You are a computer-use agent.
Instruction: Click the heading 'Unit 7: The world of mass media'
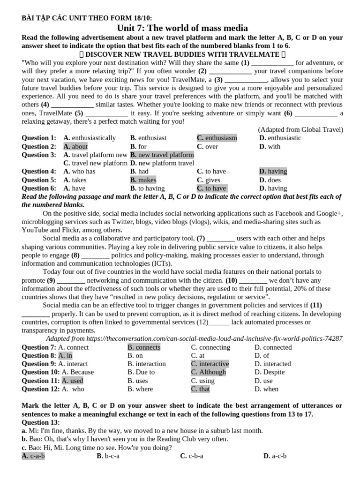(x=182, y=28)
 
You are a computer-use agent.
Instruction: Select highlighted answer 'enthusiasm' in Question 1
(x=221, y=138)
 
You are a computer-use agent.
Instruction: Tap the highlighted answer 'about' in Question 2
(x=79, y=146)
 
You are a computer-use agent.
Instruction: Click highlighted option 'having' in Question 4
(x=277, y=172)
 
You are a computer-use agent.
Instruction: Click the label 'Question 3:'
(x=39, y=155)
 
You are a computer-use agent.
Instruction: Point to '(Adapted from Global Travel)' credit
(x=300, y=129)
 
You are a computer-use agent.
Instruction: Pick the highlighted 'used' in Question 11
(x=76, y=381)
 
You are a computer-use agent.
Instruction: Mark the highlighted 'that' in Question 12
(x=204, y=389)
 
